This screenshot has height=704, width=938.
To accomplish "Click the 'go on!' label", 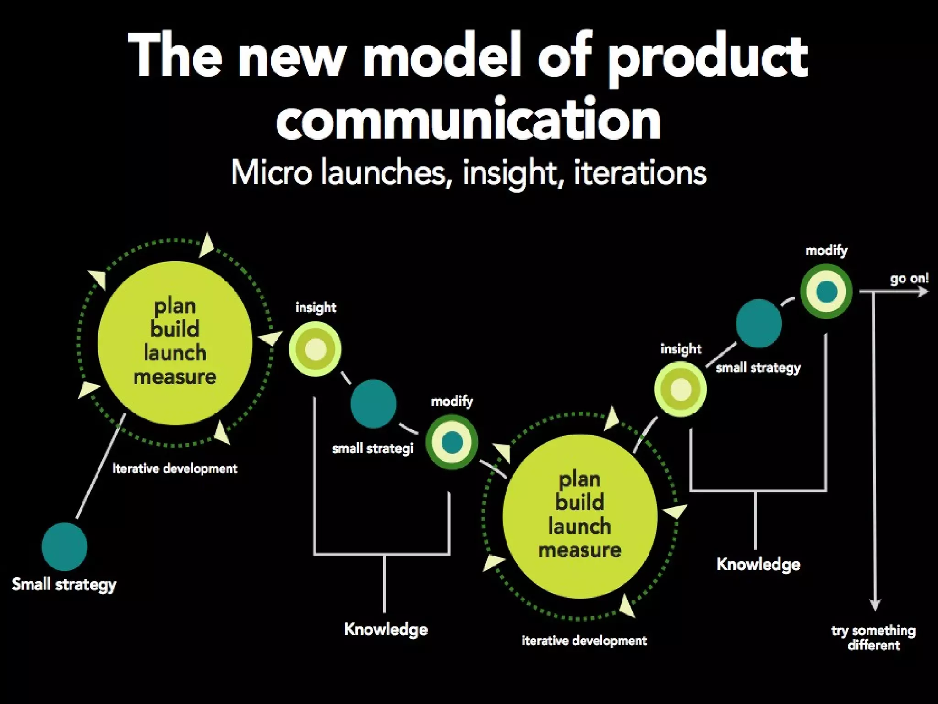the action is [909, 278].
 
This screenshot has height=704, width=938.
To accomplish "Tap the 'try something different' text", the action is [873, 638].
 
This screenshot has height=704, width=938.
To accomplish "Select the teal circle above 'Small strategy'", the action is [64, 546].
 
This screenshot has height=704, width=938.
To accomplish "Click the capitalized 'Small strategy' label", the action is [64, 584].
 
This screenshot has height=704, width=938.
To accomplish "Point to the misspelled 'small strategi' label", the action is [373, 448].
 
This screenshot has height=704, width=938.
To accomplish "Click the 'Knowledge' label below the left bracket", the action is [386, 629].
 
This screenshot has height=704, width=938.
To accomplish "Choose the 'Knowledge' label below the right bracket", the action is [758, 564].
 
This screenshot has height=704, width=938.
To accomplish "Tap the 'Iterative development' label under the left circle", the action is [175, 468].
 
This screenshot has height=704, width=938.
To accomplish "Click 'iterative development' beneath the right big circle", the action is [584, 640].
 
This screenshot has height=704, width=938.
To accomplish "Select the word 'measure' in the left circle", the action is [175, 377].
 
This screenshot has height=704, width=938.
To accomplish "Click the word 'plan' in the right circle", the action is [579, 479].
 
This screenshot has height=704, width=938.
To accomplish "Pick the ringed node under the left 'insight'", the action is [315, 349].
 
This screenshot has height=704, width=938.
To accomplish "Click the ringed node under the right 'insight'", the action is [680, 389].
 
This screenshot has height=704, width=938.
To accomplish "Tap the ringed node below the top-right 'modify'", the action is [826, 291].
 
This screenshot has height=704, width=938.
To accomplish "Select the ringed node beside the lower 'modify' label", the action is [452, 442].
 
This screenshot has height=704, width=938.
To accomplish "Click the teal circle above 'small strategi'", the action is [373, 404].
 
